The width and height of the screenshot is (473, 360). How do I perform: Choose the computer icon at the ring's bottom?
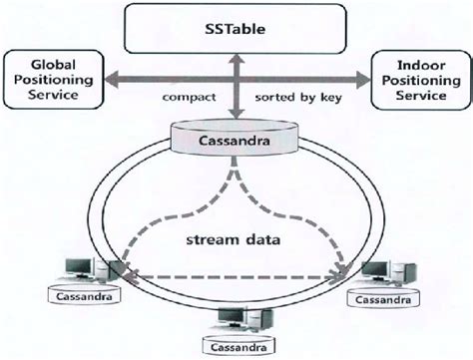click(236, 317)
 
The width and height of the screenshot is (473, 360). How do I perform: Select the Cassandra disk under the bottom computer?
click(236, 346)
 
